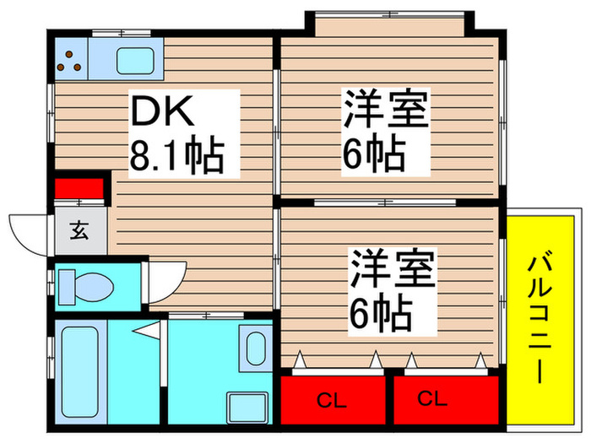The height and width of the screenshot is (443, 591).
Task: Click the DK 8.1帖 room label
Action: point(177,133)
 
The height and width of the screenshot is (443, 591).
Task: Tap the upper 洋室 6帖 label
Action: point(385,132)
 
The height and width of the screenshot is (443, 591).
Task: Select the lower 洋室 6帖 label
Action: point(392,291)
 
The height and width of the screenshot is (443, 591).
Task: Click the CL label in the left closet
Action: point(332,401)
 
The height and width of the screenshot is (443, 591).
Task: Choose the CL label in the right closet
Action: point(432,398)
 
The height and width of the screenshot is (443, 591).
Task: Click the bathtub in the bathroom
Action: point(80,372)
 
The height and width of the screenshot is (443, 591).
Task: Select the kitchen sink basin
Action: point(135,61)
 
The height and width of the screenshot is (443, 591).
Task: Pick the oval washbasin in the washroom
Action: point(256,348)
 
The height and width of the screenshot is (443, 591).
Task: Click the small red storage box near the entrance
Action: point(79,188)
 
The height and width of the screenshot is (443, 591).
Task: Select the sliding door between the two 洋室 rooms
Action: point(385,203)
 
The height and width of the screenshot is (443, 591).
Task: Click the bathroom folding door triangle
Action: point(147,331)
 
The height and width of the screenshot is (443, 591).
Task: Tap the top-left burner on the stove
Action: point(69,54)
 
